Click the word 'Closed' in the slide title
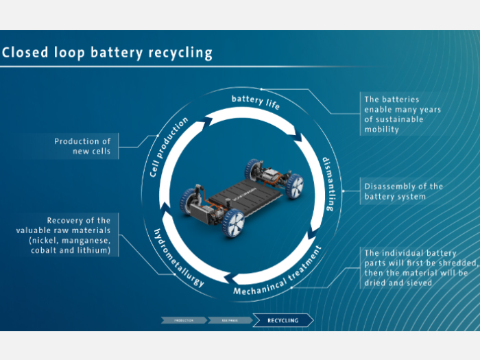click(25, 53)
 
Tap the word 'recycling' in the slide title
click(180, 53)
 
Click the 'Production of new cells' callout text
click(82, 146)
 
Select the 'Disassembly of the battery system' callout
click(403, 191)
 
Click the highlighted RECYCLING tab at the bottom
click(283, 320)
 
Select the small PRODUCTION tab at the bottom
click(183, 320)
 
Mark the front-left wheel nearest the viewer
click(234, 223)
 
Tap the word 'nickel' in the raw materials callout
click(45, 241)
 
